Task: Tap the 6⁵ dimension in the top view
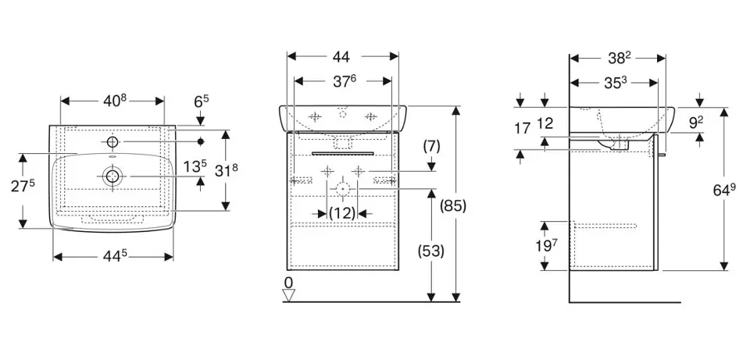point(201,102)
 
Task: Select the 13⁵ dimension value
point(195,166)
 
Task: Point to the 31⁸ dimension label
point(248,169)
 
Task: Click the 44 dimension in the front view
point(341,56)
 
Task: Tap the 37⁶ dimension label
point(341,80)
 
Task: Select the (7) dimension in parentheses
point(432,145)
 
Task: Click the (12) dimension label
point(341,212)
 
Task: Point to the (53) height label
point(431,251)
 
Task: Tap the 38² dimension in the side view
point(617,57)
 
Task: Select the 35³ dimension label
point(616,80)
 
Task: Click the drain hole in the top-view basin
point(112,176)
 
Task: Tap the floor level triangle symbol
point(289,295)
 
